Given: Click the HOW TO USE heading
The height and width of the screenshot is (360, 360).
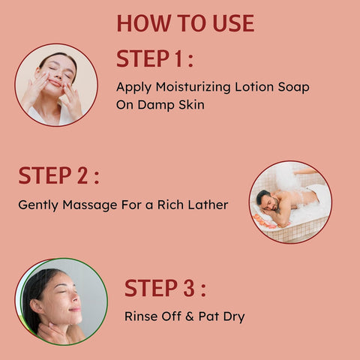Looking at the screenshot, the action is pyautogui.click(x=185, y=23).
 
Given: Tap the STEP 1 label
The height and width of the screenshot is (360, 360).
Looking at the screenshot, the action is pyautogui.click(x=155, y=58).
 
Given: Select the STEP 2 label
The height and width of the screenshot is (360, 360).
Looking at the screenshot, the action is pyautogui.click(x=59, y=175).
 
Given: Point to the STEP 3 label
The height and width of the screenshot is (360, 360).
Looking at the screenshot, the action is pyautogui.click(x=165, y=288).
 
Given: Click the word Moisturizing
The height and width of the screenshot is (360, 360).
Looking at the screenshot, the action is pyautogui.click(x=193, y=88).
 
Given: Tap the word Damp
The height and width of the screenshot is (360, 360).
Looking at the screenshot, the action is pyautogui.click(x=156, y=105).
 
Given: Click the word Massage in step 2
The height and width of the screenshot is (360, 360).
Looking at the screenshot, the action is pyautogui.click(x=90, y=205).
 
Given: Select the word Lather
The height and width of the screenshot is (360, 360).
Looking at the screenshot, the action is pyautogui.click(x=208, y=205).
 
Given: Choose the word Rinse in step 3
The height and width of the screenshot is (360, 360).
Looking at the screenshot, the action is pyautogui.click(x=141, y=316).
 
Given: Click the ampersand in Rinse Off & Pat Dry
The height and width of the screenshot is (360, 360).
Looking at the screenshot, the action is pyautogui.click(x=190, y=316).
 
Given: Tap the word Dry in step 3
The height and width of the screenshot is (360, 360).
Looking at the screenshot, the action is pyautogui.click(x=234, y=317).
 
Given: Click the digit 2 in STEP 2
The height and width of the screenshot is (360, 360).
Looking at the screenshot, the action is pyautogui.click(x=82, y=175).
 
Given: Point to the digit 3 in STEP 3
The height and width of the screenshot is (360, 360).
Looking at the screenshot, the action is pyautogui.click(x=189, y=288).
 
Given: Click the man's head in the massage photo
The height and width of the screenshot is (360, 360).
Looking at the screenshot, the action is pyautogui.click(x=267, y=200).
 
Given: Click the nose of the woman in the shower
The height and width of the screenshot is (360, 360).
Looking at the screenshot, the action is pyautogui.click(x=76, y=298).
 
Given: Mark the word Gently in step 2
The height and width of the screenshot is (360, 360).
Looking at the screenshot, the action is pyautogui.click(x=38, y=205).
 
